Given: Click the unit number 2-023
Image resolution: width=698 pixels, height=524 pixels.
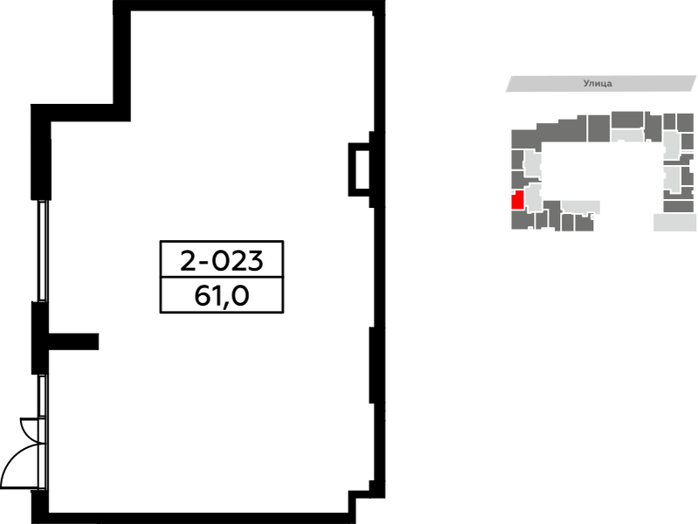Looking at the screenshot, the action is (x=222, y=260).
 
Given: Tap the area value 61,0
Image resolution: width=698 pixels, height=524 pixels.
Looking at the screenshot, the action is (x=221, y=295).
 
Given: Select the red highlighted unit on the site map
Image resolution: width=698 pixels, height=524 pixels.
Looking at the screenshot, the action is (x=517, y=200).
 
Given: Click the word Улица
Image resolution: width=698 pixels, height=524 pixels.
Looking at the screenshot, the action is (x=598, y=83).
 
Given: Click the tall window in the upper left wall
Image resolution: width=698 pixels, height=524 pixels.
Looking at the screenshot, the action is (x=42, y=251).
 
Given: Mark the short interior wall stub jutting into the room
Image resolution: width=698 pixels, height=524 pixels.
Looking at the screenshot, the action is (x=73, y=341).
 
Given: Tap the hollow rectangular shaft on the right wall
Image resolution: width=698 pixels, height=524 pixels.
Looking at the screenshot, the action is (x=359, y=169).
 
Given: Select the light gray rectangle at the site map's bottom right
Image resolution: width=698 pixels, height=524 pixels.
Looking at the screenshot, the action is (x=674, y=222).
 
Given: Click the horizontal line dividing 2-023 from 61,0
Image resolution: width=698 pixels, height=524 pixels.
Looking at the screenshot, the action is (x=222, y=277).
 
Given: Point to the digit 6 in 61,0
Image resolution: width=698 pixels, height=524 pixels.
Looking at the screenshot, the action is (x=202, y=295).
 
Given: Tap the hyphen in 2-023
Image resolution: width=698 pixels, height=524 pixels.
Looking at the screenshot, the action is (x=204, y=262).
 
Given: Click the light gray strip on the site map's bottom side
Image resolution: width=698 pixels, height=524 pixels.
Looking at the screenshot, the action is (x=580, y=207).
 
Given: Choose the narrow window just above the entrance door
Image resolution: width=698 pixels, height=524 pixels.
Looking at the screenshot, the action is (x=42, y=396).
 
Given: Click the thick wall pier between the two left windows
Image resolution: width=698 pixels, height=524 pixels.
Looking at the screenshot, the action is (x=39, y=337).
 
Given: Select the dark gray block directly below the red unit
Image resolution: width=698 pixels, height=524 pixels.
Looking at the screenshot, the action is (x=522, y=220).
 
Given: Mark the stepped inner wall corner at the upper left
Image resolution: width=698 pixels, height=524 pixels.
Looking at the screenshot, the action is (x=122, y=113).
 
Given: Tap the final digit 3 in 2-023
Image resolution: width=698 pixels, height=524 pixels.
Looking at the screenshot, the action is (x=255, y=261).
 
